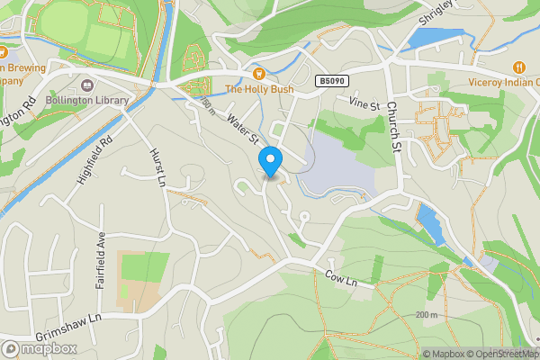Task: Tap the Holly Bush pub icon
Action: pyautogui.click(x=258, y=73)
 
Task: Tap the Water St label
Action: pyautogui.click(x=243, y=129)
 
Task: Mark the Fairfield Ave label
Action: pyautogui.click(x=101, y=262)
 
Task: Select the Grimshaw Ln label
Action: pyautogui.click(x=68, y=322)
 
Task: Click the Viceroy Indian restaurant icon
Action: pyautogui.click(x=519, y=67)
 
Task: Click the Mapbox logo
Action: pyautogui.click(x=40, y=349)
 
